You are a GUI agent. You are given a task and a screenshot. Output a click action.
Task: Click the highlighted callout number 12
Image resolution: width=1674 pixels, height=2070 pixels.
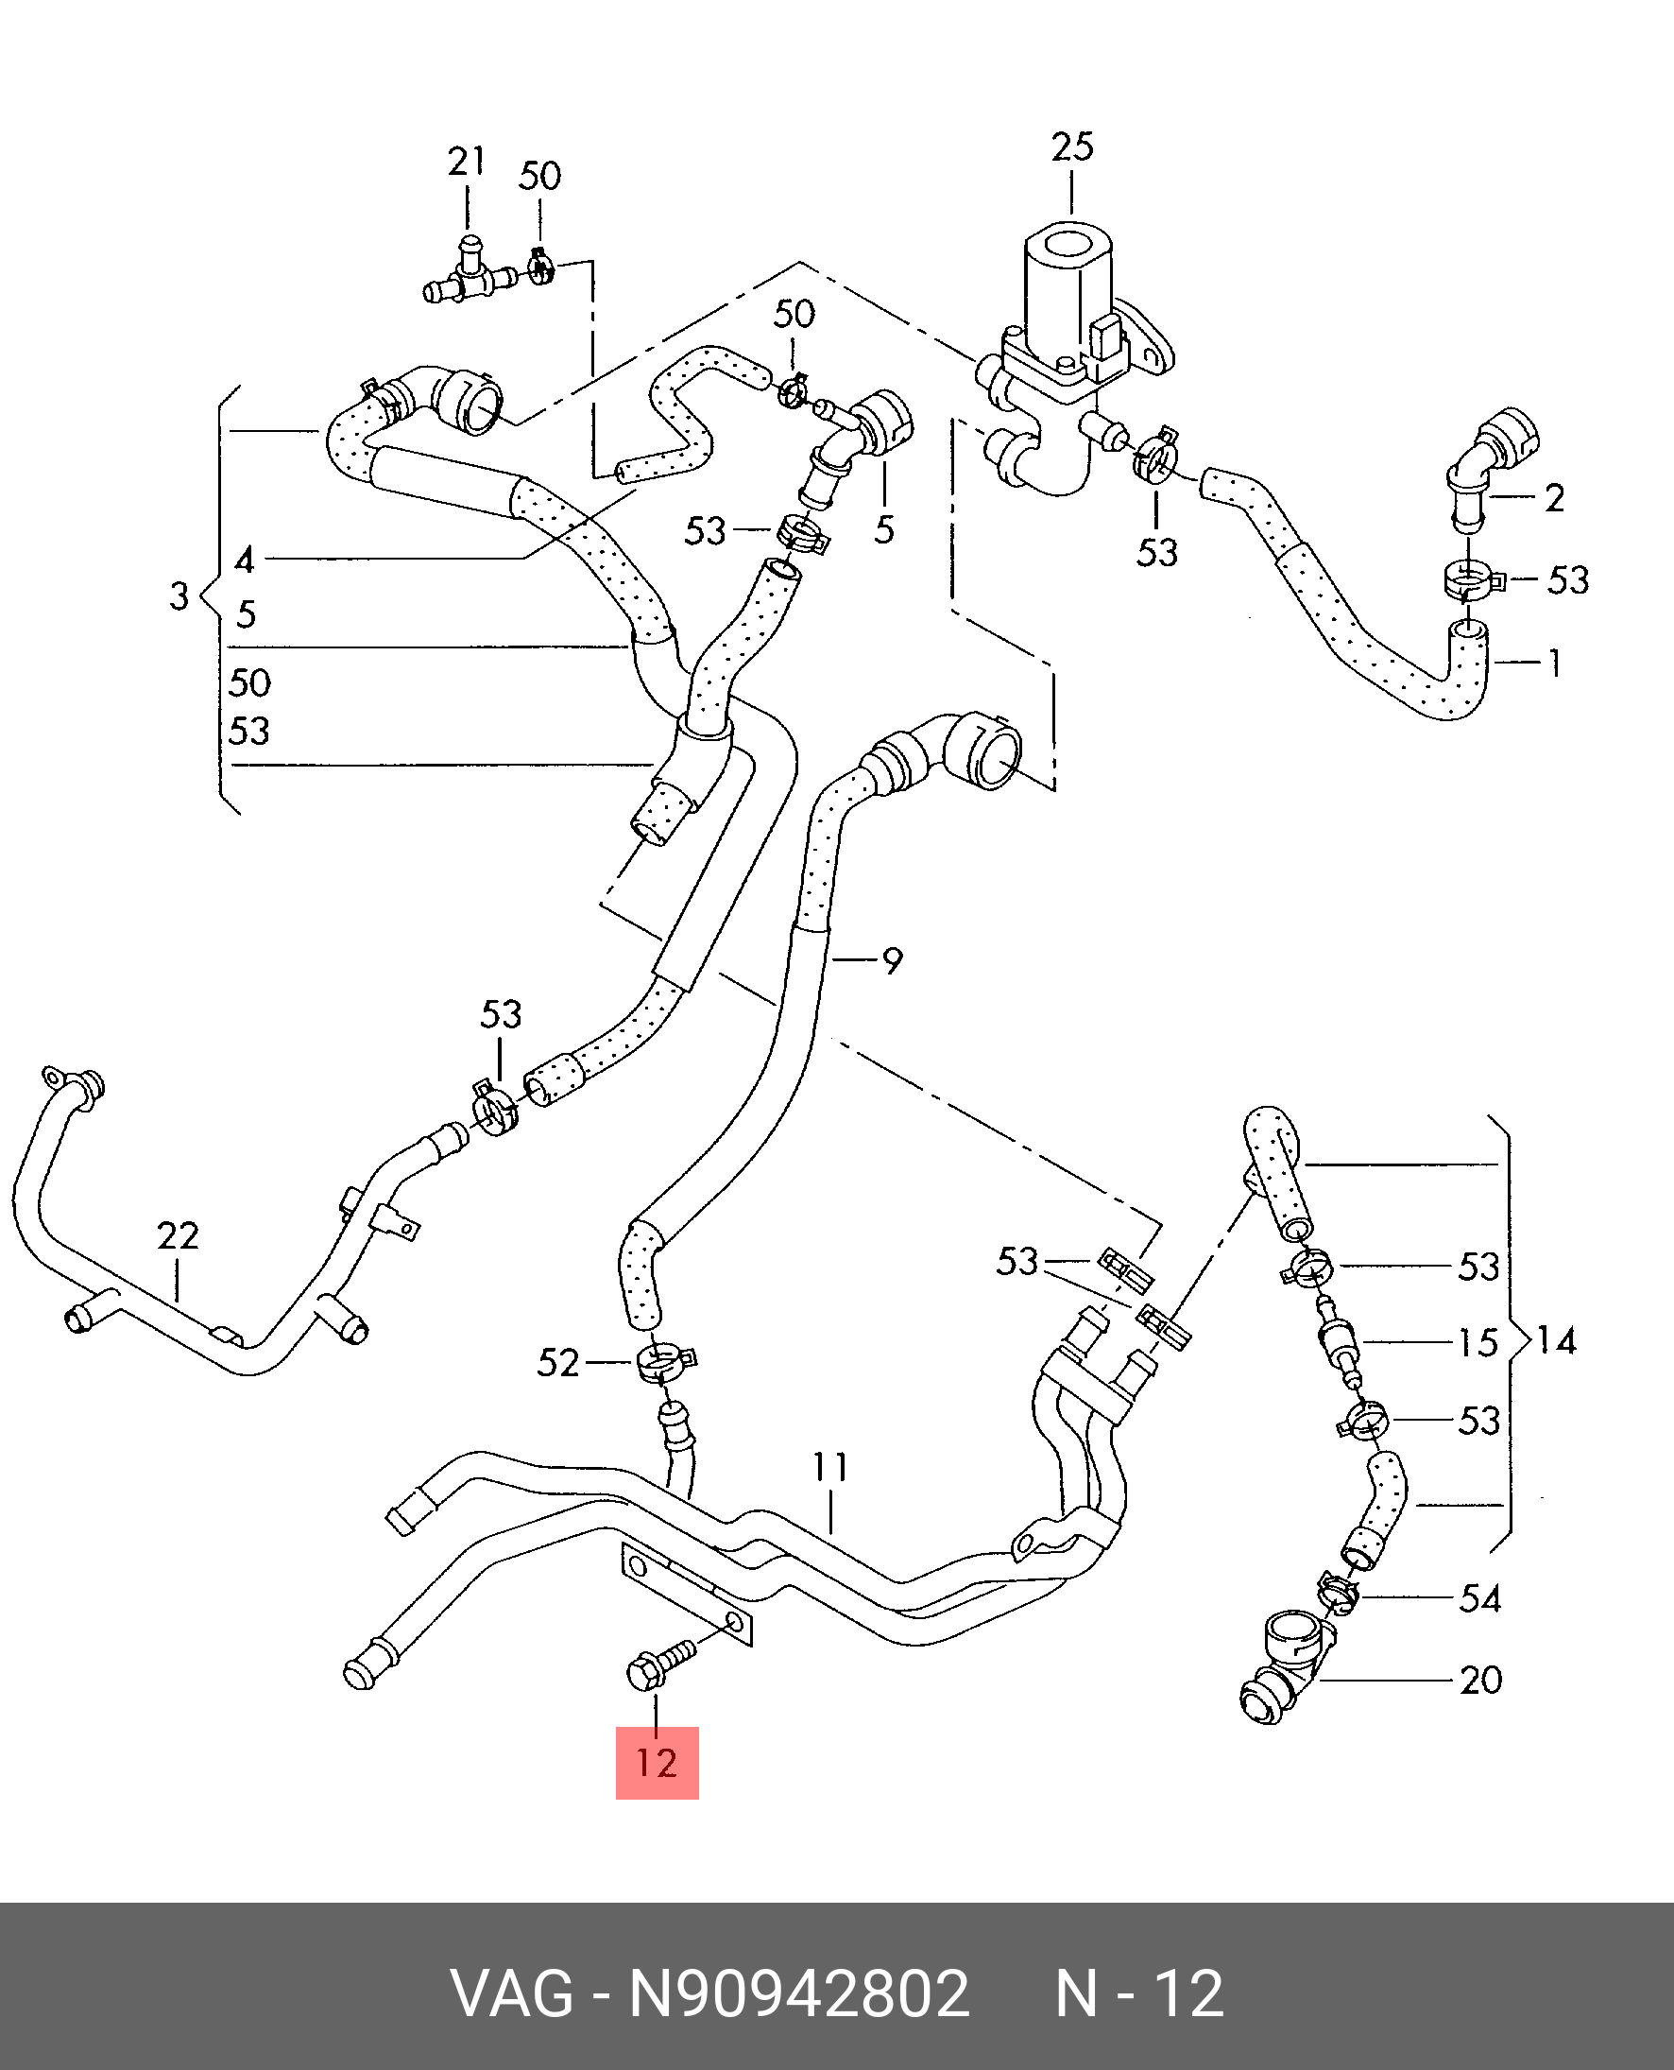click(657, 1763)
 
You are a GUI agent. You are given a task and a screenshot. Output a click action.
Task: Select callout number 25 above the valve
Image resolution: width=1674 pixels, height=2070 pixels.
click(1072, 147)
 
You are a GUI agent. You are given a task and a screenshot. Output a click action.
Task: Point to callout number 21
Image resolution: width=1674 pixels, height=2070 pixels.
click(467, 161)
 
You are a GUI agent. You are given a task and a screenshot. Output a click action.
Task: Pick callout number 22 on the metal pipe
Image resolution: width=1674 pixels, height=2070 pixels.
click(179, 1235)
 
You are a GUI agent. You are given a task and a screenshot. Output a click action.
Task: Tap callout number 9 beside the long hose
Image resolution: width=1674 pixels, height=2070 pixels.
click(892, 960)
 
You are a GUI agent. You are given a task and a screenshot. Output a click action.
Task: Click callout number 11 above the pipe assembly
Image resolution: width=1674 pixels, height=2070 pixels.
click(830, 1467)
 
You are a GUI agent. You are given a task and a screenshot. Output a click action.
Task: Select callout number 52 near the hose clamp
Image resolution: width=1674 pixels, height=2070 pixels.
click(558, 1363)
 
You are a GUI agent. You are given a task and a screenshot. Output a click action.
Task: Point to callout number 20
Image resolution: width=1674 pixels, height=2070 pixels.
click(1481, 1681)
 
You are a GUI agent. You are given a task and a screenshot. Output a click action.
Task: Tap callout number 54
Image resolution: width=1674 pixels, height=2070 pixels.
click(1481, 1598)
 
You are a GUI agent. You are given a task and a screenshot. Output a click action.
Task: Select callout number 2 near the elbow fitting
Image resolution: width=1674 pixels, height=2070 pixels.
click(1554, 498)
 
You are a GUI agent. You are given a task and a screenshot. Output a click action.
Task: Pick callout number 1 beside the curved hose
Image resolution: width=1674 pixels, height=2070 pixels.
click(1554, 663)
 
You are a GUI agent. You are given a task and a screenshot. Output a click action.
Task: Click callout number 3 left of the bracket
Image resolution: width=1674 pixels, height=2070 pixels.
click(179, 596)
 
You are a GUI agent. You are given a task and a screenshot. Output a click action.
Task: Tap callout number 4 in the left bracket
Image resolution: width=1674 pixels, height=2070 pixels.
click(245, 560)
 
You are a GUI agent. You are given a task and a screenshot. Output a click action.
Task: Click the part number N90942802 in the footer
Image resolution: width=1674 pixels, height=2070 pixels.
click(799, 1993)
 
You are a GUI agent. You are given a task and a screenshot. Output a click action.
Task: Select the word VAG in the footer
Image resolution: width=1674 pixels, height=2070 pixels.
click(513, 1993)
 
